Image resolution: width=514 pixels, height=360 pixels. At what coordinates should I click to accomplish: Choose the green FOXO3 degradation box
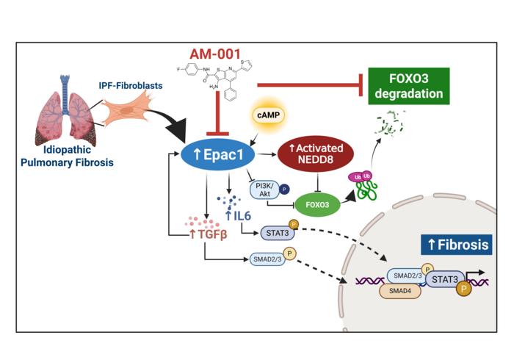pos(409,85)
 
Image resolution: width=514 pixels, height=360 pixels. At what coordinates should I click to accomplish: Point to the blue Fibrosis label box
pos(455,245)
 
